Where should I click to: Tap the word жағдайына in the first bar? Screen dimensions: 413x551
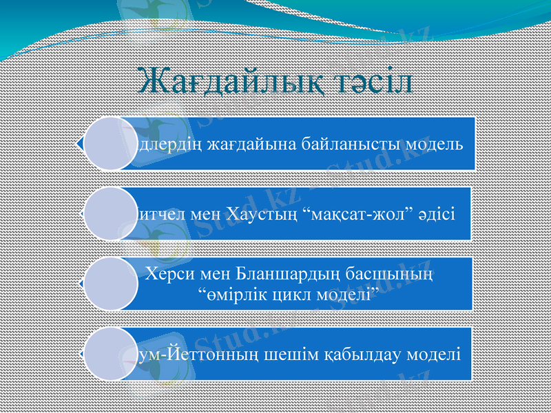(x=247, y=145)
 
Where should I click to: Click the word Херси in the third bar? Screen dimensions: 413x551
(x=166, y=274)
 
